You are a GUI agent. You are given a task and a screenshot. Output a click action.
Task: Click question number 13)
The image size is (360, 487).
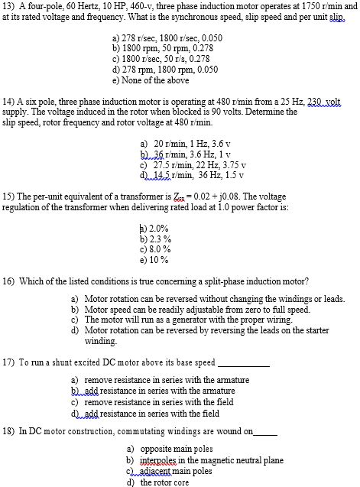pos(10,5)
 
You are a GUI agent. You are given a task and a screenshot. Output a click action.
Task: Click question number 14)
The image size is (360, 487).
pos(10,101)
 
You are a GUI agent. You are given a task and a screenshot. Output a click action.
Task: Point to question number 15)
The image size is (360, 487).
pos(10,196)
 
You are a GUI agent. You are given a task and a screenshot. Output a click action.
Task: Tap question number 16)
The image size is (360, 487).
pos(10,281)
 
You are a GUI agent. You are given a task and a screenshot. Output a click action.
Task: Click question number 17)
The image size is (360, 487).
pos(10,362)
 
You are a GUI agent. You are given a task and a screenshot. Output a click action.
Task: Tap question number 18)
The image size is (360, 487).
pos(10,432)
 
